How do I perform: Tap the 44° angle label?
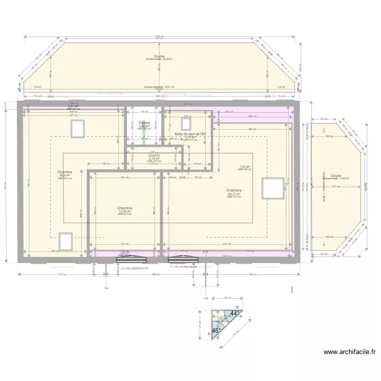coord(234,314)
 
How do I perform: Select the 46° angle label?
coord(215,330)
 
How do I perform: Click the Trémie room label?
coord(144,122)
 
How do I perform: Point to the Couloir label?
coord(154,155)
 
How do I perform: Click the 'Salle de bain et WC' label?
coord(190,134)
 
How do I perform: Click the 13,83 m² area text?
coord(124,211)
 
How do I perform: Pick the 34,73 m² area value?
coord(234,194)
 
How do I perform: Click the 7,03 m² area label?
coord(245,166)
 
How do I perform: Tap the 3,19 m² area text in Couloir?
coord(154,158)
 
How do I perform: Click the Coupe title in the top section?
coord(159,56)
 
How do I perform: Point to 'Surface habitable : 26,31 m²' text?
coord(159,87)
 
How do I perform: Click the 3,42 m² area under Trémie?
coord(144,126)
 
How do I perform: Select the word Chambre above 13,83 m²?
coord(124,208)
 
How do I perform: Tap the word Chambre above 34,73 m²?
coord(234,190)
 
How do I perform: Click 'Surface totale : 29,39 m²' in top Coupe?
coord(159,59)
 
